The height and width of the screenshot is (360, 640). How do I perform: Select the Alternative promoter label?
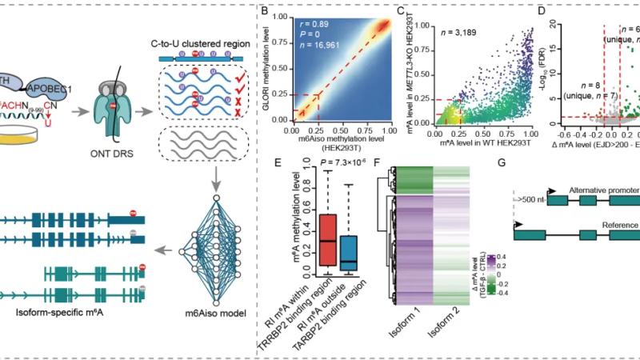[x=599, y=189]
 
